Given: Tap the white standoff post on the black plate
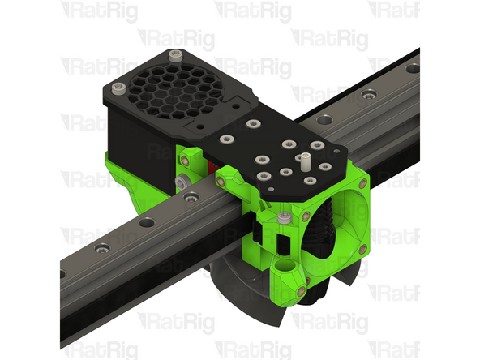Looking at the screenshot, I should [x=305, y=158].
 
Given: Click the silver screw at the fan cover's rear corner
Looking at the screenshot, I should [x=176, y=55].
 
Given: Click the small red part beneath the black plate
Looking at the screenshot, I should [x=212, y=168].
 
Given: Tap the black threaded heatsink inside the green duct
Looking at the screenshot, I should [x=320, y=227].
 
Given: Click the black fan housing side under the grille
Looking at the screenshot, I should [x=138, y=130].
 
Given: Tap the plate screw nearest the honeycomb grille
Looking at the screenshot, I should [x=253, y=124].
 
